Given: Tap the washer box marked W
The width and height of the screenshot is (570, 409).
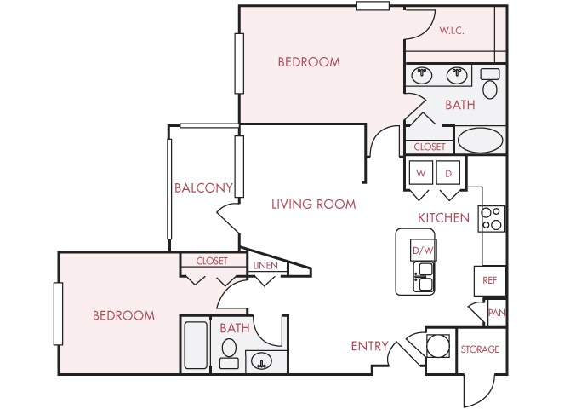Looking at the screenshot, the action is click(x=420, y=173).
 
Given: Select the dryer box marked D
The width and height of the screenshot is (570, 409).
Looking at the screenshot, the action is click(x=448, y=173).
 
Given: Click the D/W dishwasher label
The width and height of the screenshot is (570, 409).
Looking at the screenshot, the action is click(x=423, y=251).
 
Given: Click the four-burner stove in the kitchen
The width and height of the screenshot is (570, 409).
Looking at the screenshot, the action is click(x=492, y=219).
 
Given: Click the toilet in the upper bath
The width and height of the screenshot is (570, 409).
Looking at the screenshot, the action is click(x=490, y=85).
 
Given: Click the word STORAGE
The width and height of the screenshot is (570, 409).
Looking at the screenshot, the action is click(x=480, y=349).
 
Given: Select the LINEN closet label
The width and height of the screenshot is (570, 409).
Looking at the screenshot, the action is click(x=265, y=266).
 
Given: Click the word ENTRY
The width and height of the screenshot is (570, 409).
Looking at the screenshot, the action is click(x=370, y=346).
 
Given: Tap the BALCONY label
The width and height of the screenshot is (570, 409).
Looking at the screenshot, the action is click(x=203, y=188).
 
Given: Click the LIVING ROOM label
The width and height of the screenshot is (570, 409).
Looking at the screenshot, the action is click(x=313, y=204).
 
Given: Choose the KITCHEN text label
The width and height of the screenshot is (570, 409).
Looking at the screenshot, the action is click(x=443, y=218).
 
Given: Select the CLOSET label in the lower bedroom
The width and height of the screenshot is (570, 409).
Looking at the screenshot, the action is click(x=211, y=261).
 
